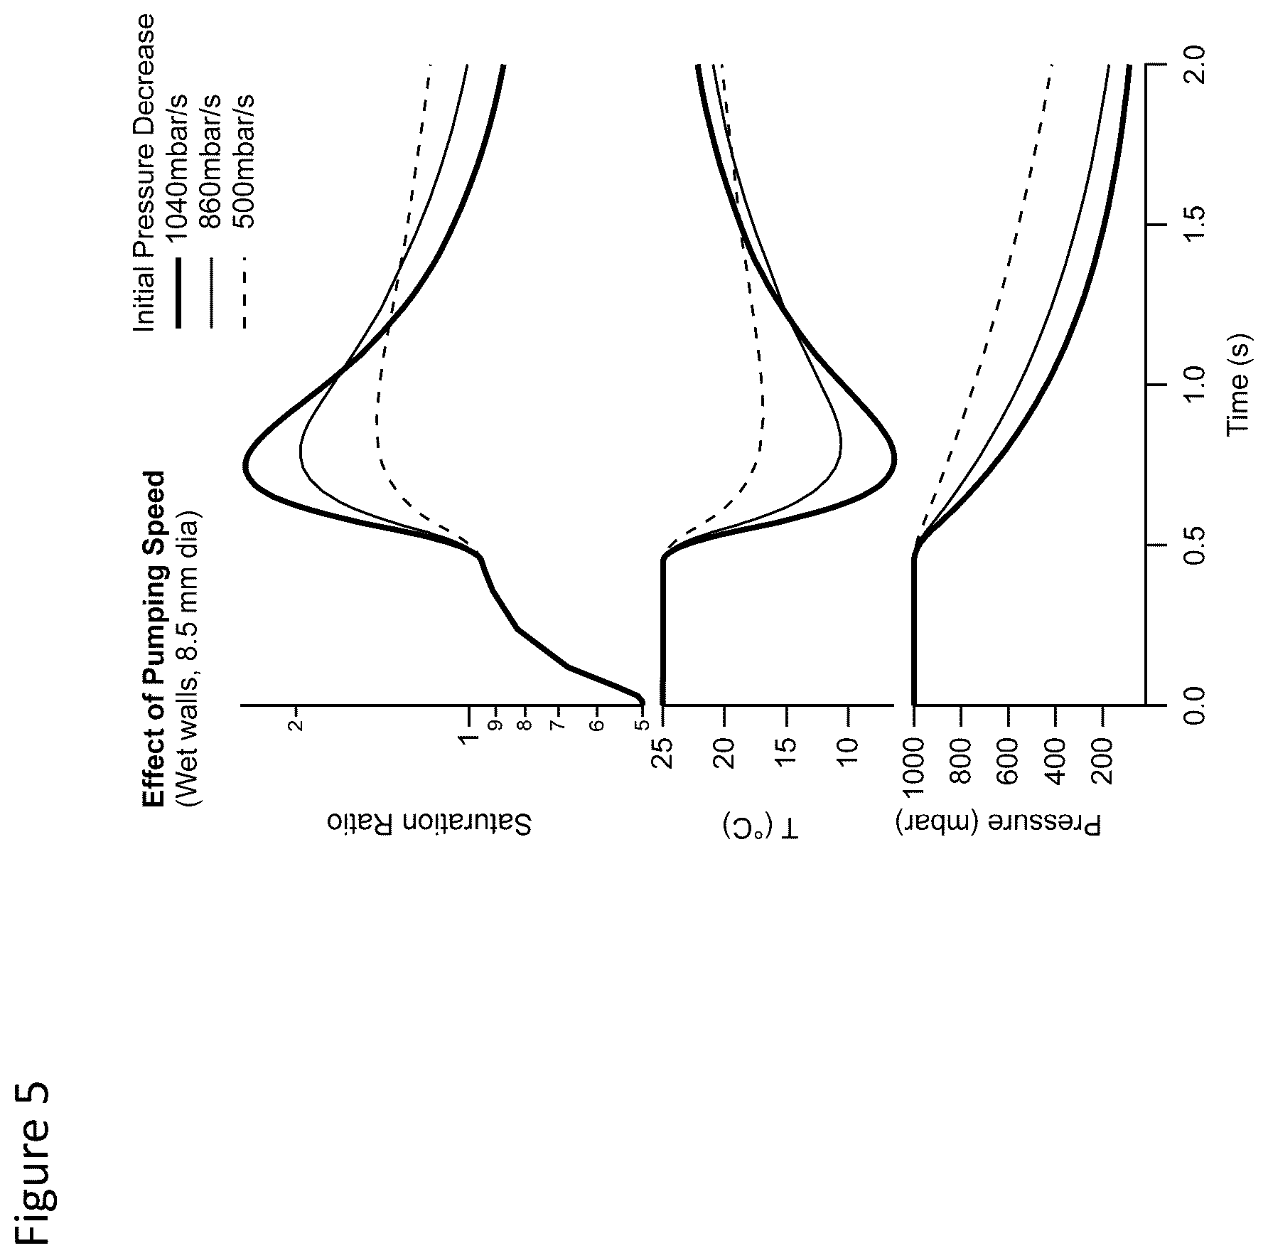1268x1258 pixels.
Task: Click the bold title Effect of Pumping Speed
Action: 154,639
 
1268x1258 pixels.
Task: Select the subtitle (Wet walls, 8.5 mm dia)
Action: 189,655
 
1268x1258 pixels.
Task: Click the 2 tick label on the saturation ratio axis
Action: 297,725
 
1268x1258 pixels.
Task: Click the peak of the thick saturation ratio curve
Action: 244,466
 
